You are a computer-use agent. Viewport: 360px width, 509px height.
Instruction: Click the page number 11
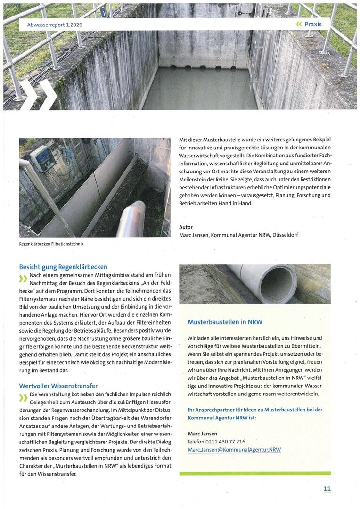click(327, 489)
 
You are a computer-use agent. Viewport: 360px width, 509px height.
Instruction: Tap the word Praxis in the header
click(313, 24)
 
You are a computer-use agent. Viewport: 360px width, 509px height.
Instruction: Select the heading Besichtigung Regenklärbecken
click(63, 267)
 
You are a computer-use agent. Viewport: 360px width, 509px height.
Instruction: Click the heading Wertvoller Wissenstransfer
click(58, 386)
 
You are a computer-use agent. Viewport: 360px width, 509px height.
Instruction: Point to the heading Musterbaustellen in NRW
click(225, 322)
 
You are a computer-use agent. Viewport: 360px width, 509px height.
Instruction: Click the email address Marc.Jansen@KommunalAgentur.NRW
click(234, 450)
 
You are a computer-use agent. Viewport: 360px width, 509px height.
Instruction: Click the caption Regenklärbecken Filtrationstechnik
click(51, 244)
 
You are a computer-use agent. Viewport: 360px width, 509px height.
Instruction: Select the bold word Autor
click(186, 227)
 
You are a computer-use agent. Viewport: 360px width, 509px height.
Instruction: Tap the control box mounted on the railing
click(43, 158)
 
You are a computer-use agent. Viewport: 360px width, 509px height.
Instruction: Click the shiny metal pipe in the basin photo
click(131, 219)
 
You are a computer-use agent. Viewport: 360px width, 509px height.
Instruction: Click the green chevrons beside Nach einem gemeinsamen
click(23, 279)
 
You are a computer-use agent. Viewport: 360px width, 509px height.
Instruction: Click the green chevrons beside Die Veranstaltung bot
click(23, 397)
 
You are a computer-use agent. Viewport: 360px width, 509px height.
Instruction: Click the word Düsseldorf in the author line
click(282, 235)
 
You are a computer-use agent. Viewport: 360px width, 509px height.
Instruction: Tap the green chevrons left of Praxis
click(298, 24)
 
